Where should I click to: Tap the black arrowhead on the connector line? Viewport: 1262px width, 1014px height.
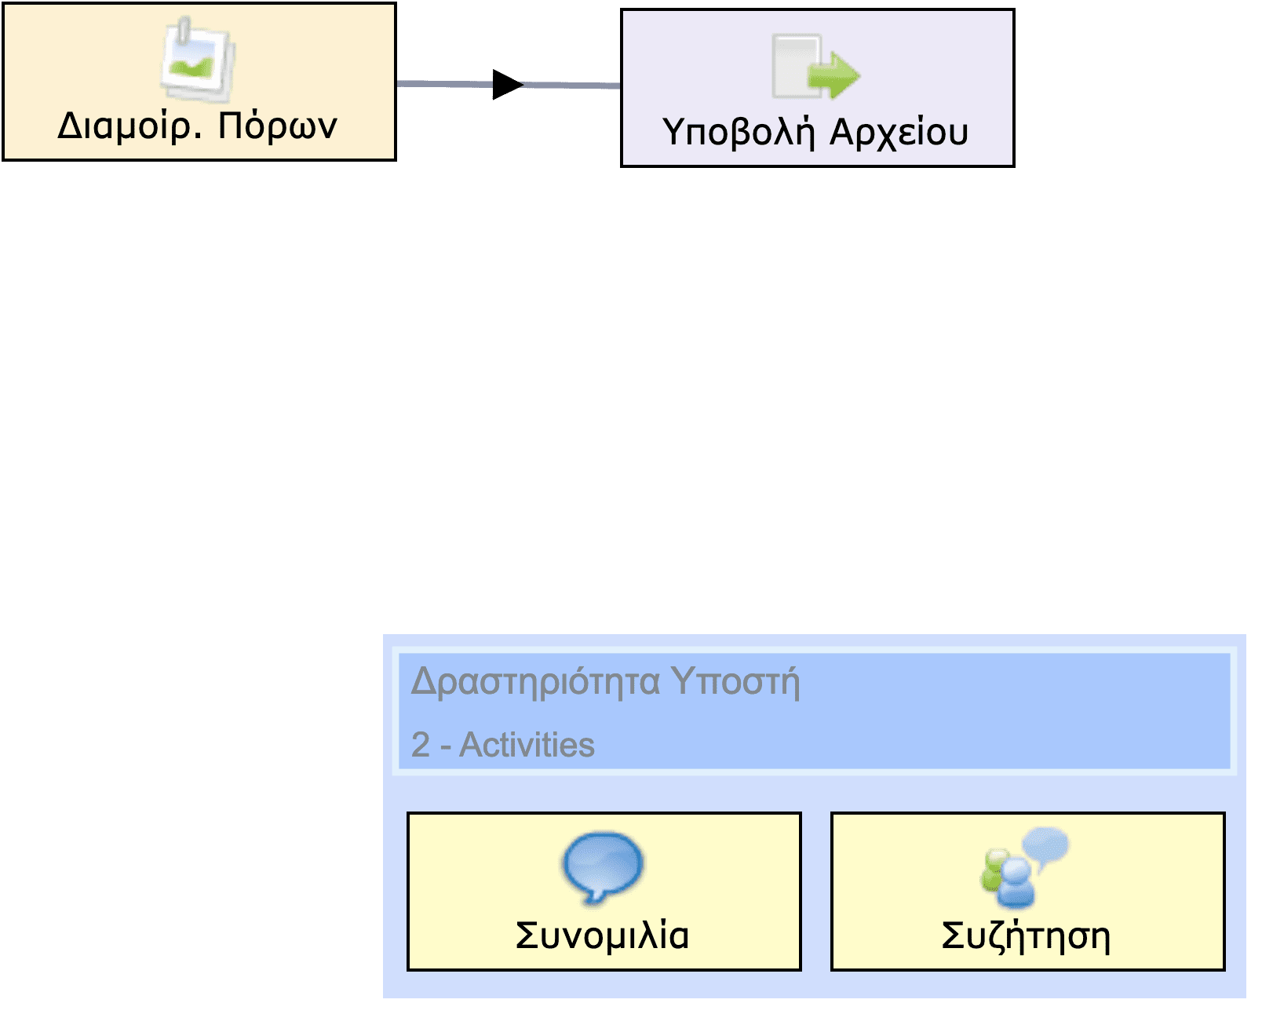click(x=506, y=85)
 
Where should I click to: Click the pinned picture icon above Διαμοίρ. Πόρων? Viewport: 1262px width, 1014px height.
click(x=198, y=60)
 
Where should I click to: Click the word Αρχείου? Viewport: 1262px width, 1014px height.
click(x=899, y=133)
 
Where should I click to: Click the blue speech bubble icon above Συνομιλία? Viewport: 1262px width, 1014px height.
click(x=603, y=866)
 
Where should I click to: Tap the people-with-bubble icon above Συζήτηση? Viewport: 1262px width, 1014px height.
click(x=1023, y=866)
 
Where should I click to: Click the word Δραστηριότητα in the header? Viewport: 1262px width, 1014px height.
click(x=535, y=681)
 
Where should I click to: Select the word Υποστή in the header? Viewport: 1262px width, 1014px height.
click(x=735, y=681)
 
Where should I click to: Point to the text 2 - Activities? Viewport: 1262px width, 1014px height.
click(x=503, y=745)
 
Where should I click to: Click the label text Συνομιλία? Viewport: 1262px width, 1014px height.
click(x=603, y=936)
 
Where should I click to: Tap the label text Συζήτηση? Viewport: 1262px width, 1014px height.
click(x=1026, y=936)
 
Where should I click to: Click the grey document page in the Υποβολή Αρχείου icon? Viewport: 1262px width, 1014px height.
click(x=791, y=67)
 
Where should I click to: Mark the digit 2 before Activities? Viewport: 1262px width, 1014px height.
click(x=421, y=745)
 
